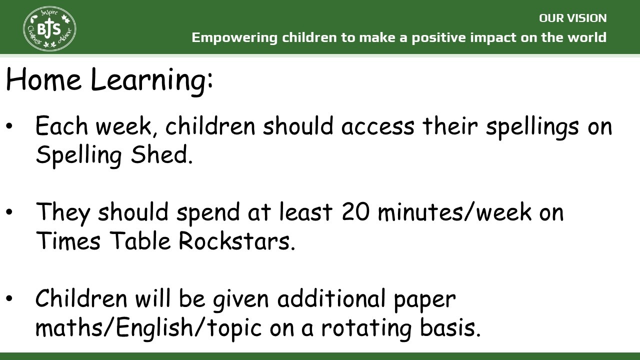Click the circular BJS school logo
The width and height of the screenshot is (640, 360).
[49, 29]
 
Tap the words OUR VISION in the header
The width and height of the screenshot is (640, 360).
[572, 18]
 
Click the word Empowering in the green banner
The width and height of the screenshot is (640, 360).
[234, 38]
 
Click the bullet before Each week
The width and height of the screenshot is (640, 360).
[9, 126]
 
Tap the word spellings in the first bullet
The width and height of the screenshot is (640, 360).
[532, 127]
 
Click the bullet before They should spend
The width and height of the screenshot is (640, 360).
[9, 212]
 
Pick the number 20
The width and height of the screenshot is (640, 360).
[355, 211]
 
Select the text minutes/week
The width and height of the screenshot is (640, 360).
[454, 211]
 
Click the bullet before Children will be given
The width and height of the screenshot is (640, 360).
[9, 298]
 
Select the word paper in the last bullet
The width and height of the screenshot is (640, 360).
[424, 300]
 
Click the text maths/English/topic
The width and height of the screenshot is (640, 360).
[148, 328]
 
